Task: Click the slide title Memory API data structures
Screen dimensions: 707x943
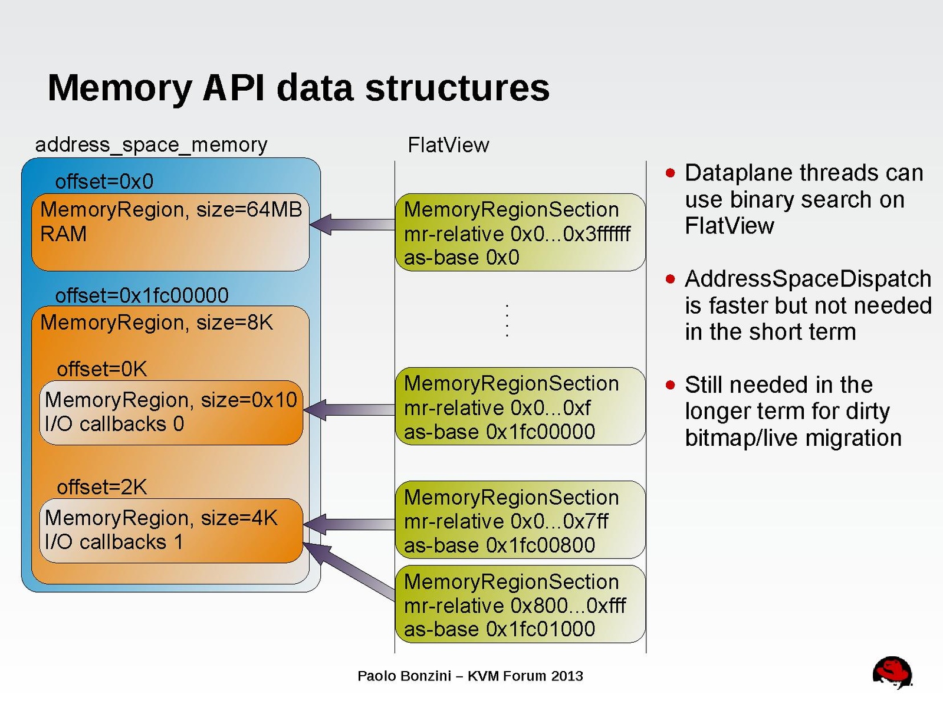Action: point(298,88)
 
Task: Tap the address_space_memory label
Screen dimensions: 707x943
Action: point(151,144)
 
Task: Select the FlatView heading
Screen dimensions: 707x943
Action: point(448,145)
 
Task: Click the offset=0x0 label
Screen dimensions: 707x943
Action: point(104,181)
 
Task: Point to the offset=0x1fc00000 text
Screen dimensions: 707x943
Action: point(142,295)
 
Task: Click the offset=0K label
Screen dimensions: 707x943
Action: point(101,369)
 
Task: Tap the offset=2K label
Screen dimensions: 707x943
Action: point(101,487)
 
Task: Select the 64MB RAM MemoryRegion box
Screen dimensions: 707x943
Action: point(170,232)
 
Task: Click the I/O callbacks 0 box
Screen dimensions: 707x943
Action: point(170,412)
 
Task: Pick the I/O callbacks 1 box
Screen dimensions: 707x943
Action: point(170,530)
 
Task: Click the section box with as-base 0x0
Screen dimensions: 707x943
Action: point(520,232)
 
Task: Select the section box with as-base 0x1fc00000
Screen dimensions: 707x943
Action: point(520,407)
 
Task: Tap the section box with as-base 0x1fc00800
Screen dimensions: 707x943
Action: point(520,520)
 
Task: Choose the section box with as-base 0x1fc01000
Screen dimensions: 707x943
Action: point(520,604)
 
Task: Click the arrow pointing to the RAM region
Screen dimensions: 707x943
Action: point(352,224)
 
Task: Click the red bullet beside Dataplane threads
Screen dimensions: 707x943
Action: point(670,173)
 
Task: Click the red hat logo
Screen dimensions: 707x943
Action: point(892,672)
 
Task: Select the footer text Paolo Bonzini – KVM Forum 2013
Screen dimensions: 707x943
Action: point(470,676)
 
